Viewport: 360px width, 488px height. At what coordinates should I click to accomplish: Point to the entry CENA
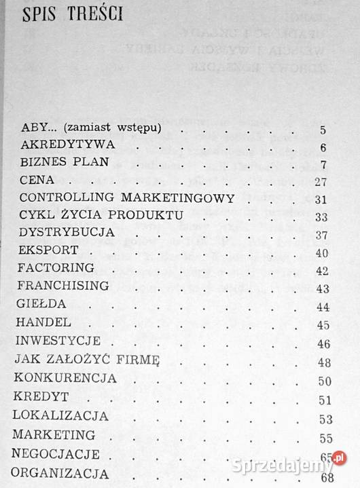pyautogui.click(x=37, y=181)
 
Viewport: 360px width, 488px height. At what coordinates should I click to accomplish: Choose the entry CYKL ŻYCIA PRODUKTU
pyautogui.click(x=101, y=216)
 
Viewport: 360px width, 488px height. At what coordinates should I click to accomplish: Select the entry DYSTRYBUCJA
pyautogui.click(x=65, y=234)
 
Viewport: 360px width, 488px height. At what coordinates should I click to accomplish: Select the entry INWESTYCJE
pyautogui.click(x=60, y=341)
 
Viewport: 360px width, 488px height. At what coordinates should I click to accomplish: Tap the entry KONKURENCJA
pyautogui.click(x=69, y=377)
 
